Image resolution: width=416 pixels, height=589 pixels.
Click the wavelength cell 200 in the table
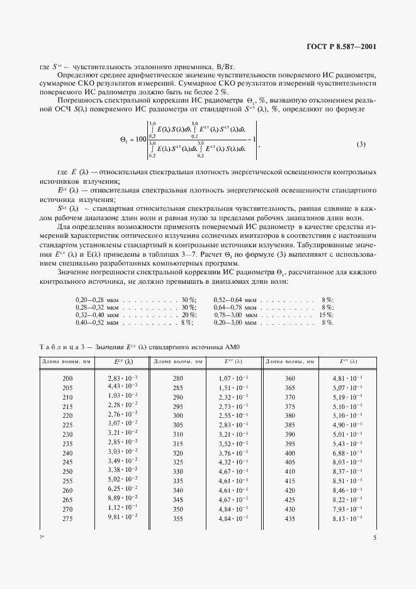68,378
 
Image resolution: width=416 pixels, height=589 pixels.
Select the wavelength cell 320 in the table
178,453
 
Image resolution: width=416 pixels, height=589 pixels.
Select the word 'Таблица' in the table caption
60,345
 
